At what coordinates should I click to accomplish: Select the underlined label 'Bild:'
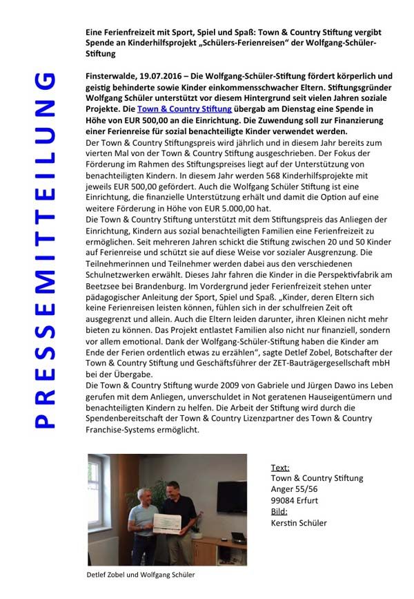tap(279, 512)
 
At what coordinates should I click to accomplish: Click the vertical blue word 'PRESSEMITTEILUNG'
tap(44, 249)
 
